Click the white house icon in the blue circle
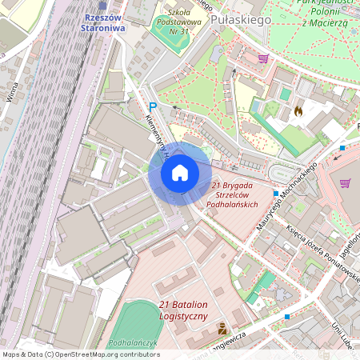(x=180, y=173)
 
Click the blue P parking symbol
(x=152, y=106)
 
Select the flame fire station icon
(x=298, y=111)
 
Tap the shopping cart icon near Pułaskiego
(x=263, y=58)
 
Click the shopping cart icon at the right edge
(x=345, y=182)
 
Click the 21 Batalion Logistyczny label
(x=194, y=310)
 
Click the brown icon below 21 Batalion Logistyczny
(x=222, y=330)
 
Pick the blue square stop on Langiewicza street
(x=286, y=317)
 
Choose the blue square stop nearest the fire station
(x=342, y=148)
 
